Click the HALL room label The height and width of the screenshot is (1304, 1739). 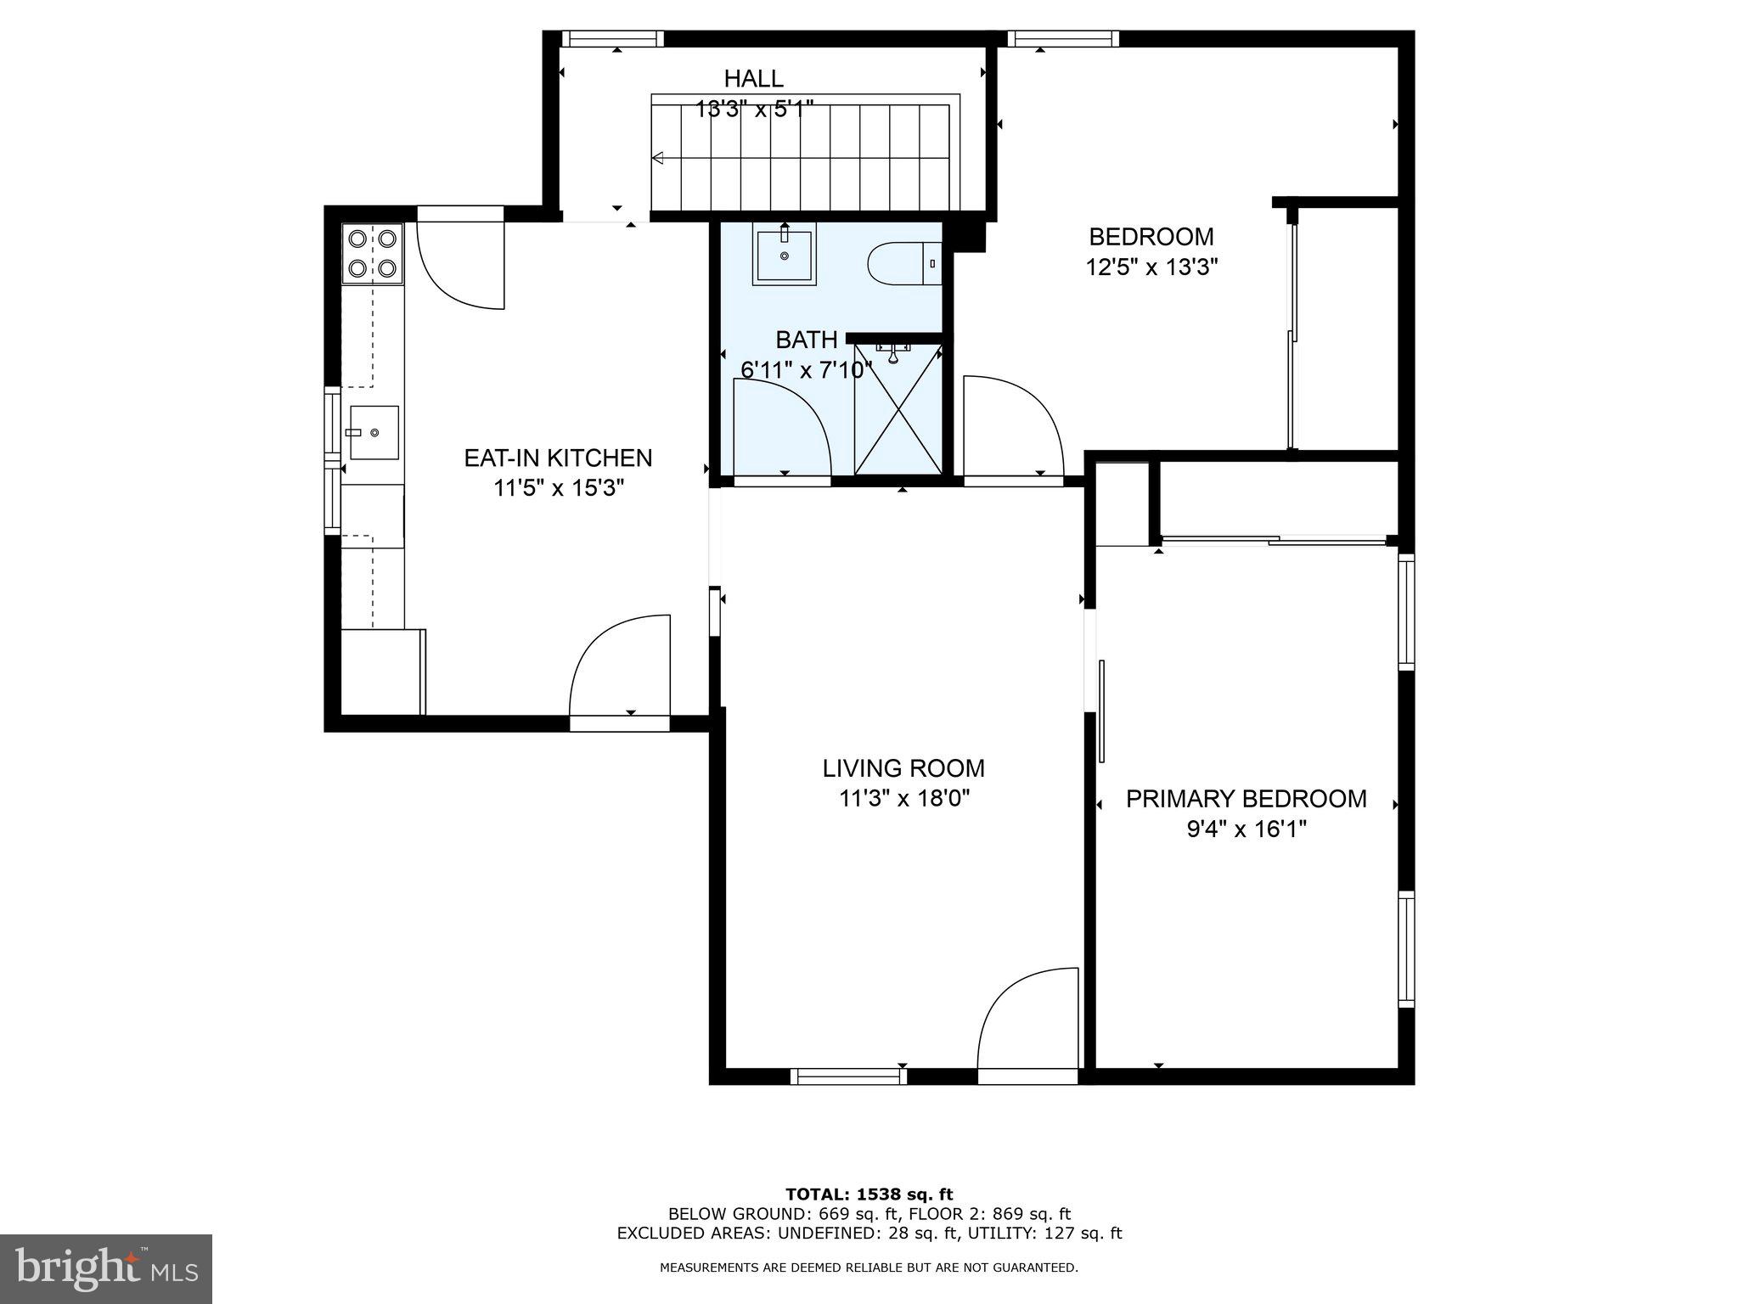[753, 79]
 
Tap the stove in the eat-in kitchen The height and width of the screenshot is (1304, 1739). [373, 253]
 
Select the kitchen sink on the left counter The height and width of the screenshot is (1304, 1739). [374, 433]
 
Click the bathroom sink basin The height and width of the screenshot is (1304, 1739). [784, 254]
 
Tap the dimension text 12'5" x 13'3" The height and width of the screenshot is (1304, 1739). [1151, 267]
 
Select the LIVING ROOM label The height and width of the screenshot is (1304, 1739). [903, 768]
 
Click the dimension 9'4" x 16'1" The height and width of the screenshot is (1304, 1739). [1246, 829]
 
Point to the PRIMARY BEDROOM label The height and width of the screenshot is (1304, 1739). [1246, 799]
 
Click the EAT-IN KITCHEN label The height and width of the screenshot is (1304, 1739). [558, 458]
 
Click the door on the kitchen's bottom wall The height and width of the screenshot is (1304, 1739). [619, 671]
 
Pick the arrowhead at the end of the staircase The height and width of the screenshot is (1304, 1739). [657, 157]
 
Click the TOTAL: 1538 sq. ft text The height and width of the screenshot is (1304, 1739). [869, 1194]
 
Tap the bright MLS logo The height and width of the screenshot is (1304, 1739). [106, 1269]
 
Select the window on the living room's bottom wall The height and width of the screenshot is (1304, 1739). [848, 1076]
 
